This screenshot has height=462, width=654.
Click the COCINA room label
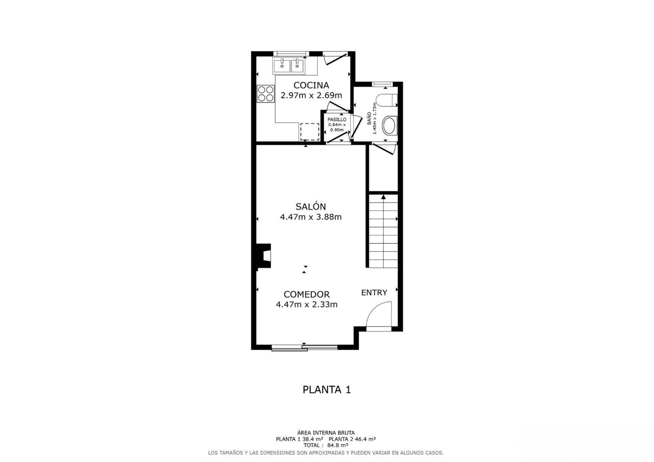pos(311,85)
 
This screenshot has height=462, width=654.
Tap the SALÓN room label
pos(311,207)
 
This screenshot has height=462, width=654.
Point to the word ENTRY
pos(374,293)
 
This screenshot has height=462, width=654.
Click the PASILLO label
pos(337,119)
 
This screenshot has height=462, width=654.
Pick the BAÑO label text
pos(369,119)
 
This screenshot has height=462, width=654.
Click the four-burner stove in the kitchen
pos(266,94)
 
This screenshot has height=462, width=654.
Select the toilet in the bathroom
pos(386,100)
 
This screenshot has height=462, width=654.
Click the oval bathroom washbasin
pos(389,126)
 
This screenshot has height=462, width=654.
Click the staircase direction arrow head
pos(384,197)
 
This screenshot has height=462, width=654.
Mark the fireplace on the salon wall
pos(264,256)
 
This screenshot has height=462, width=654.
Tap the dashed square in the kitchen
pos(310,132)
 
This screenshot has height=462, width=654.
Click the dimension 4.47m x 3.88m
pos(311,217)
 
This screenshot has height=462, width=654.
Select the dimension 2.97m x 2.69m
pos(311,95)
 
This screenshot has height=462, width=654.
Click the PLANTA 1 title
pos(327,390)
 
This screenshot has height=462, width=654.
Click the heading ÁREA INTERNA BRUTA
pos(326,433)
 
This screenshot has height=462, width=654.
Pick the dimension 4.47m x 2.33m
pos(307,304)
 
